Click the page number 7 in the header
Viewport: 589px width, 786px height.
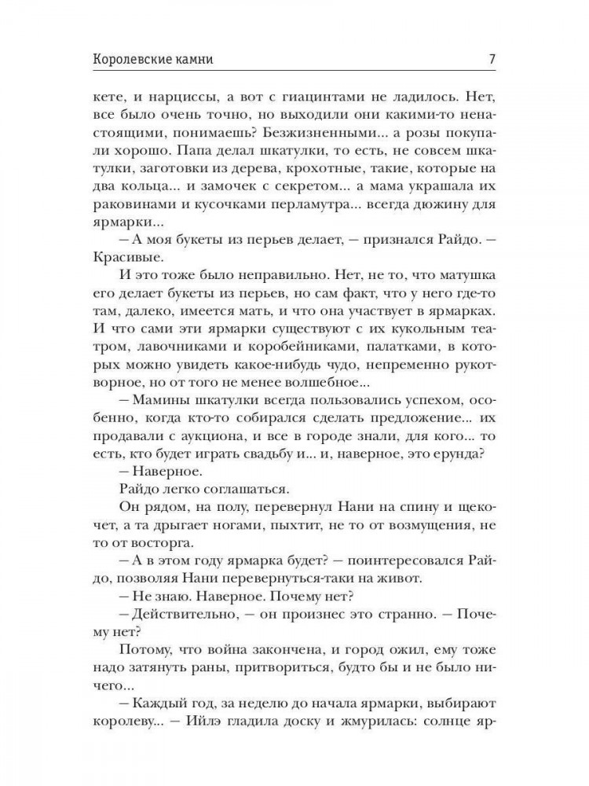click(490, 58)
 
